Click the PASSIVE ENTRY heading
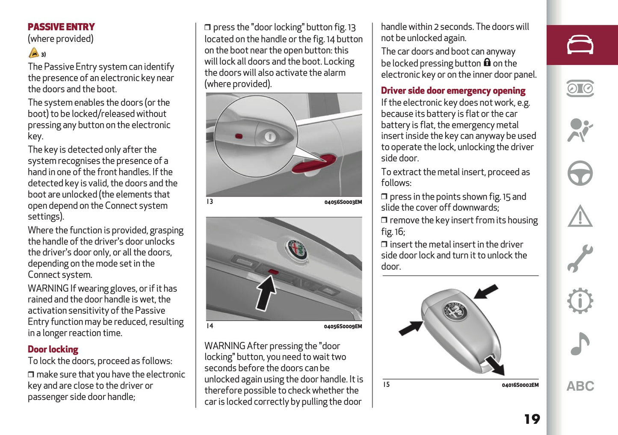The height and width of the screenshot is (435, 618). (61, 27)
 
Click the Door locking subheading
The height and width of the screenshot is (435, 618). (53, 350)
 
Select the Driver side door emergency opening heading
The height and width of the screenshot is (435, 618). (453, 91)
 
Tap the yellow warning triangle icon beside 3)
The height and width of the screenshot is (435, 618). (34, 53)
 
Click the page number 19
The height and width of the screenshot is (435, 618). (532, 419)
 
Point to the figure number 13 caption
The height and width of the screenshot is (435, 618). (210, 202)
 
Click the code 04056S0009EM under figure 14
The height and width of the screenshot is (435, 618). (343, 326)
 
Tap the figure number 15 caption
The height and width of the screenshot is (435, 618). (386, 385)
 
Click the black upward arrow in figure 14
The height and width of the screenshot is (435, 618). (266, 293)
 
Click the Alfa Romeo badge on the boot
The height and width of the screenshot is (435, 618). (297, 249)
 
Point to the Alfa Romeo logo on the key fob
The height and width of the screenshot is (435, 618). (454, 311)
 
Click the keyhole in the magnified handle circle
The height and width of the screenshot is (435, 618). (269, 137)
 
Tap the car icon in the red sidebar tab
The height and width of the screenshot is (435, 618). (580, 45)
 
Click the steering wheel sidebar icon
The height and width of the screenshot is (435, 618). (580, 173)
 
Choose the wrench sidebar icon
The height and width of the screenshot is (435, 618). (580, 259)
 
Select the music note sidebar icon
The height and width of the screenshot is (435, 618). (580, 344)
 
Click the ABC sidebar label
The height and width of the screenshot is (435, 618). (580, 386)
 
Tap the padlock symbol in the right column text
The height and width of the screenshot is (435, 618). (487, 63)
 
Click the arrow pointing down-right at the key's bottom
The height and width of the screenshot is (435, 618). (496, 365)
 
